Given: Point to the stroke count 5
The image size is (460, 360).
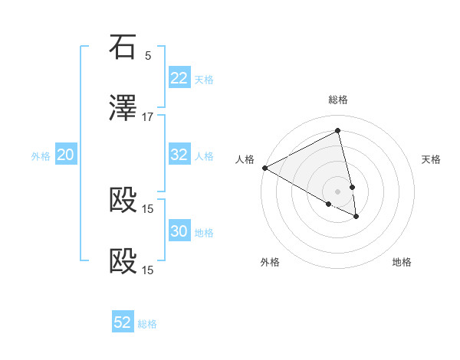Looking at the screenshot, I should coord(148,55).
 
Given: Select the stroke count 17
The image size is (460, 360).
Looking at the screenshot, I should coord(148,116).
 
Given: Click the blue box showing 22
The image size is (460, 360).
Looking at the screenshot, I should coord(179,78).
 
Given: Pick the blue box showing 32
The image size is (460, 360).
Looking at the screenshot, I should coord(179,155).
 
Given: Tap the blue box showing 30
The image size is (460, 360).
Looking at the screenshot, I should coord(179,231).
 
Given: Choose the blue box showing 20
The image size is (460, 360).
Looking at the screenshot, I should coord(65,155).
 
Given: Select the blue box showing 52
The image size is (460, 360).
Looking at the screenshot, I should coord(123,322).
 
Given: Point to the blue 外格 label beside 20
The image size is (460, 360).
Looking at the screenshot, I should coord(41,156).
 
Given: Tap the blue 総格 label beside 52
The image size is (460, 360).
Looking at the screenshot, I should coord(147,324).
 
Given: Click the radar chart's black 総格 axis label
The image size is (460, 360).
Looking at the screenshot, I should coord(338,100).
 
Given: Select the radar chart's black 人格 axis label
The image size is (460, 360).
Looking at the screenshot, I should coord(245,159).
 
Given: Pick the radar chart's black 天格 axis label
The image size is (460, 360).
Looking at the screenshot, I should coord(432,159).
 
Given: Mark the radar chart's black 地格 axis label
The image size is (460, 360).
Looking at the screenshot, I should coord(402,262).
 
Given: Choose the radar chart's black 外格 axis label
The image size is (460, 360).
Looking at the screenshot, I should coord(270,262).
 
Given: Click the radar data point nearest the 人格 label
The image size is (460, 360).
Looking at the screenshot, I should coord(264,168).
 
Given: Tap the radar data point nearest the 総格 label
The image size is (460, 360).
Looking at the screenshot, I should coord(338,130).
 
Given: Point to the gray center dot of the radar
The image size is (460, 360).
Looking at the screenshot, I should coord(338,191).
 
